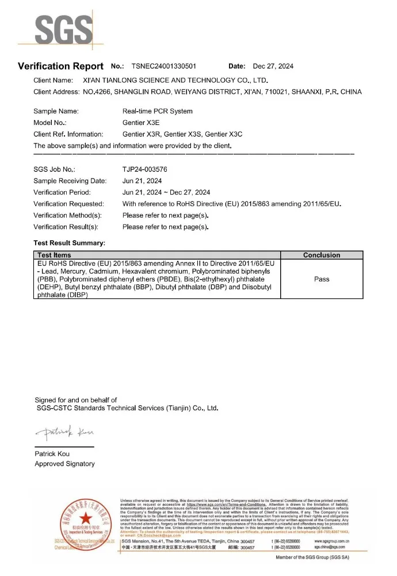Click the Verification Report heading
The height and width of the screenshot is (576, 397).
coord(60,66)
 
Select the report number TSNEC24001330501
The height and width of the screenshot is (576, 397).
coord(164,66)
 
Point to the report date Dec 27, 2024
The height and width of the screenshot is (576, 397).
coord(273,66)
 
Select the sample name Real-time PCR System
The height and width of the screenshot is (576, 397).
coord(158,111)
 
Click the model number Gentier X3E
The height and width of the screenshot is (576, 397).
coord(141,123)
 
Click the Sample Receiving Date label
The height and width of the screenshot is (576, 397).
coord(70,181)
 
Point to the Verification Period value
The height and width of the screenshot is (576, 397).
coord(166,192)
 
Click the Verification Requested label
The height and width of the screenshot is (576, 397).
coord(68,204)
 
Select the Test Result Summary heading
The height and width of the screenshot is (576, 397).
coord(69,244)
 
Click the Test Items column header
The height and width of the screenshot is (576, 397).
coord(54,255)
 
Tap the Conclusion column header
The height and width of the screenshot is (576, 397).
coord(322,255)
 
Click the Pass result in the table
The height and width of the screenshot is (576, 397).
coord(322,279)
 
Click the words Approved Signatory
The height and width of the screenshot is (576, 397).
coord(64,464)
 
